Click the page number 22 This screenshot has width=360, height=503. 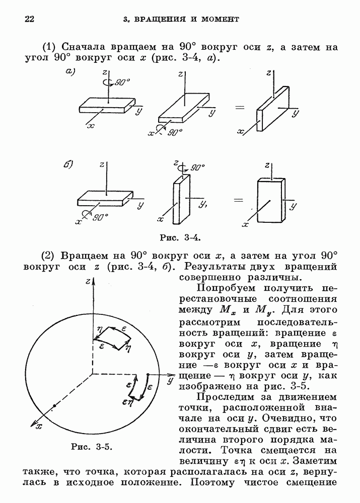coord(29,19)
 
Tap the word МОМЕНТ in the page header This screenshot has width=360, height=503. coord(218,20)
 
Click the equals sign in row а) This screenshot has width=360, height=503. coord(240,107)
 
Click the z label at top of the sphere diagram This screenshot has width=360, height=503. coord(88,281)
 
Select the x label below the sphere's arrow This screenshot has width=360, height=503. coord(40,426)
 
